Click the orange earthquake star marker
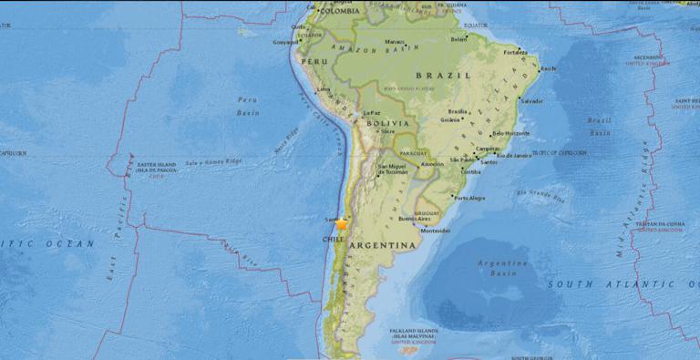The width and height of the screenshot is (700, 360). coord(342,222)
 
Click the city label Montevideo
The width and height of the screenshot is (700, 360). coord(434,231)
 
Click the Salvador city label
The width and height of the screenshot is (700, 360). coord(531,101)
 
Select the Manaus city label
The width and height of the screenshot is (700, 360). coord(394,41)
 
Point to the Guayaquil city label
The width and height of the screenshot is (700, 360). coord(286,41)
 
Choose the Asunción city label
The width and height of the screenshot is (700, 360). coord(432,164)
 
